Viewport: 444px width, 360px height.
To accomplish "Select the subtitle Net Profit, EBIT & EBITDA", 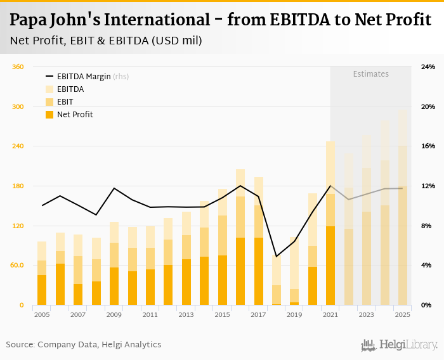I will (x=106, y=41).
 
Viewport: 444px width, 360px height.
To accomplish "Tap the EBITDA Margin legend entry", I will (x=84, y=77).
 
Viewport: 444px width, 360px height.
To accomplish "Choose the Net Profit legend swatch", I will (x=49, y=115).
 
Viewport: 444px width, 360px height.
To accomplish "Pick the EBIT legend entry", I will (x=65, y=102).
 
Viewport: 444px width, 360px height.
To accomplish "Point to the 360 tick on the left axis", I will (x=18, y=67).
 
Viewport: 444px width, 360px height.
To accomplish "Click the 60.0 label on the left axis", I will (x=17, y=266).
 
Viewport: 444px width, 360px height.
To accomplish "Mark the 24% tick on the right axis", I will (x=428, y=67).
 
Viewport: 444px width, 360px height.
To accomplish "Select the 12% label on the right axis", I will (x=428, y=186).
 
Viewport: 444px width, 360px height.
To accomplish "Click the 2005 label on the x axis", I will (x=42, y=314).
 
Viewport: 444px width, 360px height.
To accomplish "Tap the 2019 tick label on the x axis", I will (x=294, y=314).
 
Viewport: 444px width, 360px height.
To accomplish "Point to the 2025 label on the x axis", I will (x=402, y=314).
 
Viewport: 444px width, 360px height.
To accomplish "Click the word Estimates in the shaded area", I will (x=370, y=74).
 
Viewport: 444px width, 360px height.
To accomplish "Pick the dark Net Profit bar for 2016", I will (x=240, y=271).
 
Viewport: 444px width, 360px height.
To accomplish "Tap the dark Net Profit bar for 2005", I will (x=42, y=290).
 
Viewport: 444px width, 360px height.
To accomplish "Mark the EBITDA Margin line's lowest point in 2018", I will (x=277, y=257).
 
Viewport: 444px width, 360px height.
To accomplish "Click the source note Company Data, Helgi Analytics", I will (x=84, y=345).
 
